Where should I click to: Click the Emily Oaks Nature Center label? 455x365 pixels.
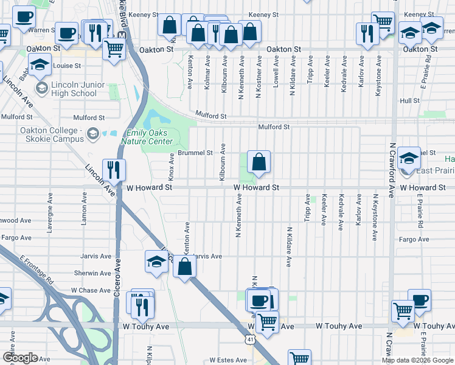click(154, 137)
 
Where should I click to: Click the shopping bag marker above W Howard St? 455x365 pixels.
click(259, 162)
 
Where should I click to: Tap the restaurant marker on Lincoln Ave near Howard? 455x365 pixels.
click(113, 170)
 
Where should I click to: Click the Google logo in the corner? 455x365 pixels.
click(20, 358)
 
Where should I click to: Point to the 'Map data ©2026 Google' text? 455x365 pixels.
click(418, 360)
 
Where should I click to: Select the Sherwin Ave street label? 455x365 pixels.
click(93, 273)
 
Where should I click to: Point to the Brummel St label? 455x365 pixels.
click(195, 153)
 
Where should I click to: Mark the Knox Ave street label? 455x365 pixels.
click(172, 166)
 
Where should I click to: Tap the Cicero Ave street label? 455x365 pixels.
click(119, 274)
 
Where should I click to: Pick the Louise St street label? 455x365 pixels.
click(67, 66)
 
